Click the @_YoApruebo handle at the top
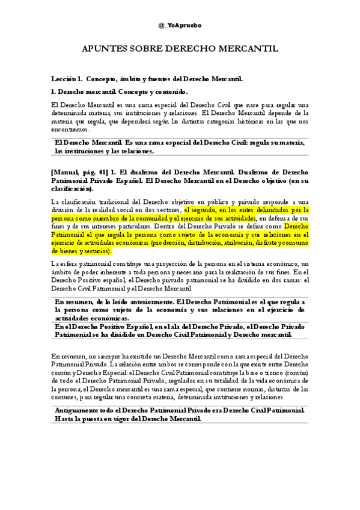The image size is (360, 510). click(180, 26)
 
